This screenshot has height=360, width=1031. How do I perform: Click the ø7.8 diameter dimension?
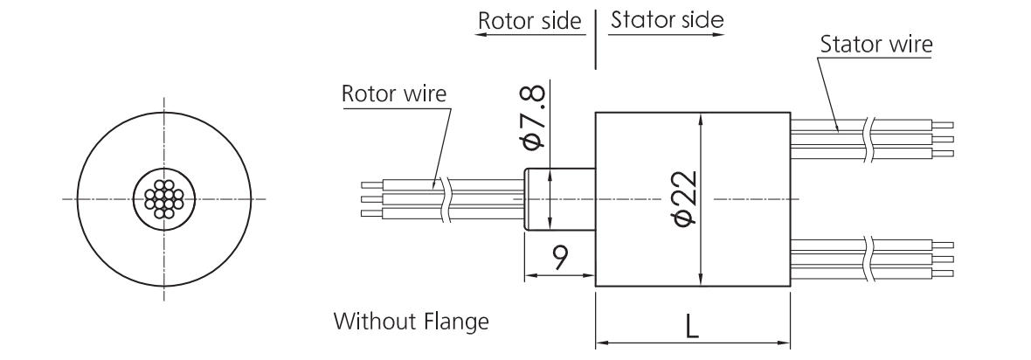536,118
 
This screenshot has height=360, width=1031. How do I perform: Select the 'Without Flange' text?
411,322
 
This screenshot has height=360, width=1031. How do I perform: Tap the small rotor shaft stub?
559,199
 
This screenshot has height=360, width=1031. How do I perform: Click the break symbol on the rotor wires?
446,199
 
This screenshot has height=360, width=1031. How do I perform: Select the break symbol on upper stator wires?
867,140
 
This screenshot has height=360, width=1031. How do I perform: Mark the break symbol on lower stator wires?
867,259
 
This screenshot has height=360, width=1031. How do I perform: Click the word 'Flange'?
459,322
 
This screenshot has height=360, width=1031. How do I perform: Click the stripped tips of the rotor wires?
371,199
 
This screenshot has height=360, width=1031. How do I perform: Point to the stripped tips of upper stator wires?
944,139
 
